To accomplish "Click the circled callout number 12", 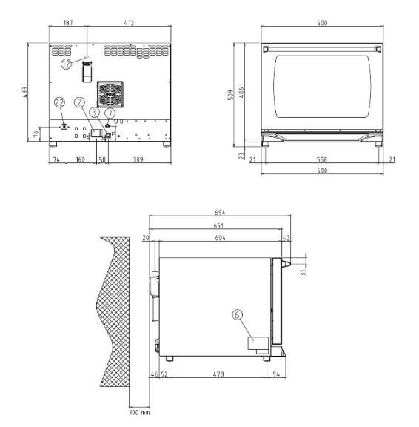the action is click(66, 64).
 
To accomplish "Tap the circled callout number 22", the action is click(59, 102).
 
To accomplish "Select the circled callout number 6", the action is click(237, 315).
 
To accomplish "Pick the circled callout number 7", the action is click(110, 113).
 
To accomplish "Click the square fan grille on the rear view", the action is click(110, 94).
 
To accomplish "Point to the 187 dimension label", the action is click(68, 22).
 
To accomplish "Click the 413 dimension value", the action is click(129, 22).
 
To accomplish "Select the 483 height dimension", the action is click(24, 93).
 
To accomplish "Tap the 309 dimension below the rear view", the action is click(138, 159).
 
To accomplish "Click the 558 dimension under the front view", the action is click(322, 159).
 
